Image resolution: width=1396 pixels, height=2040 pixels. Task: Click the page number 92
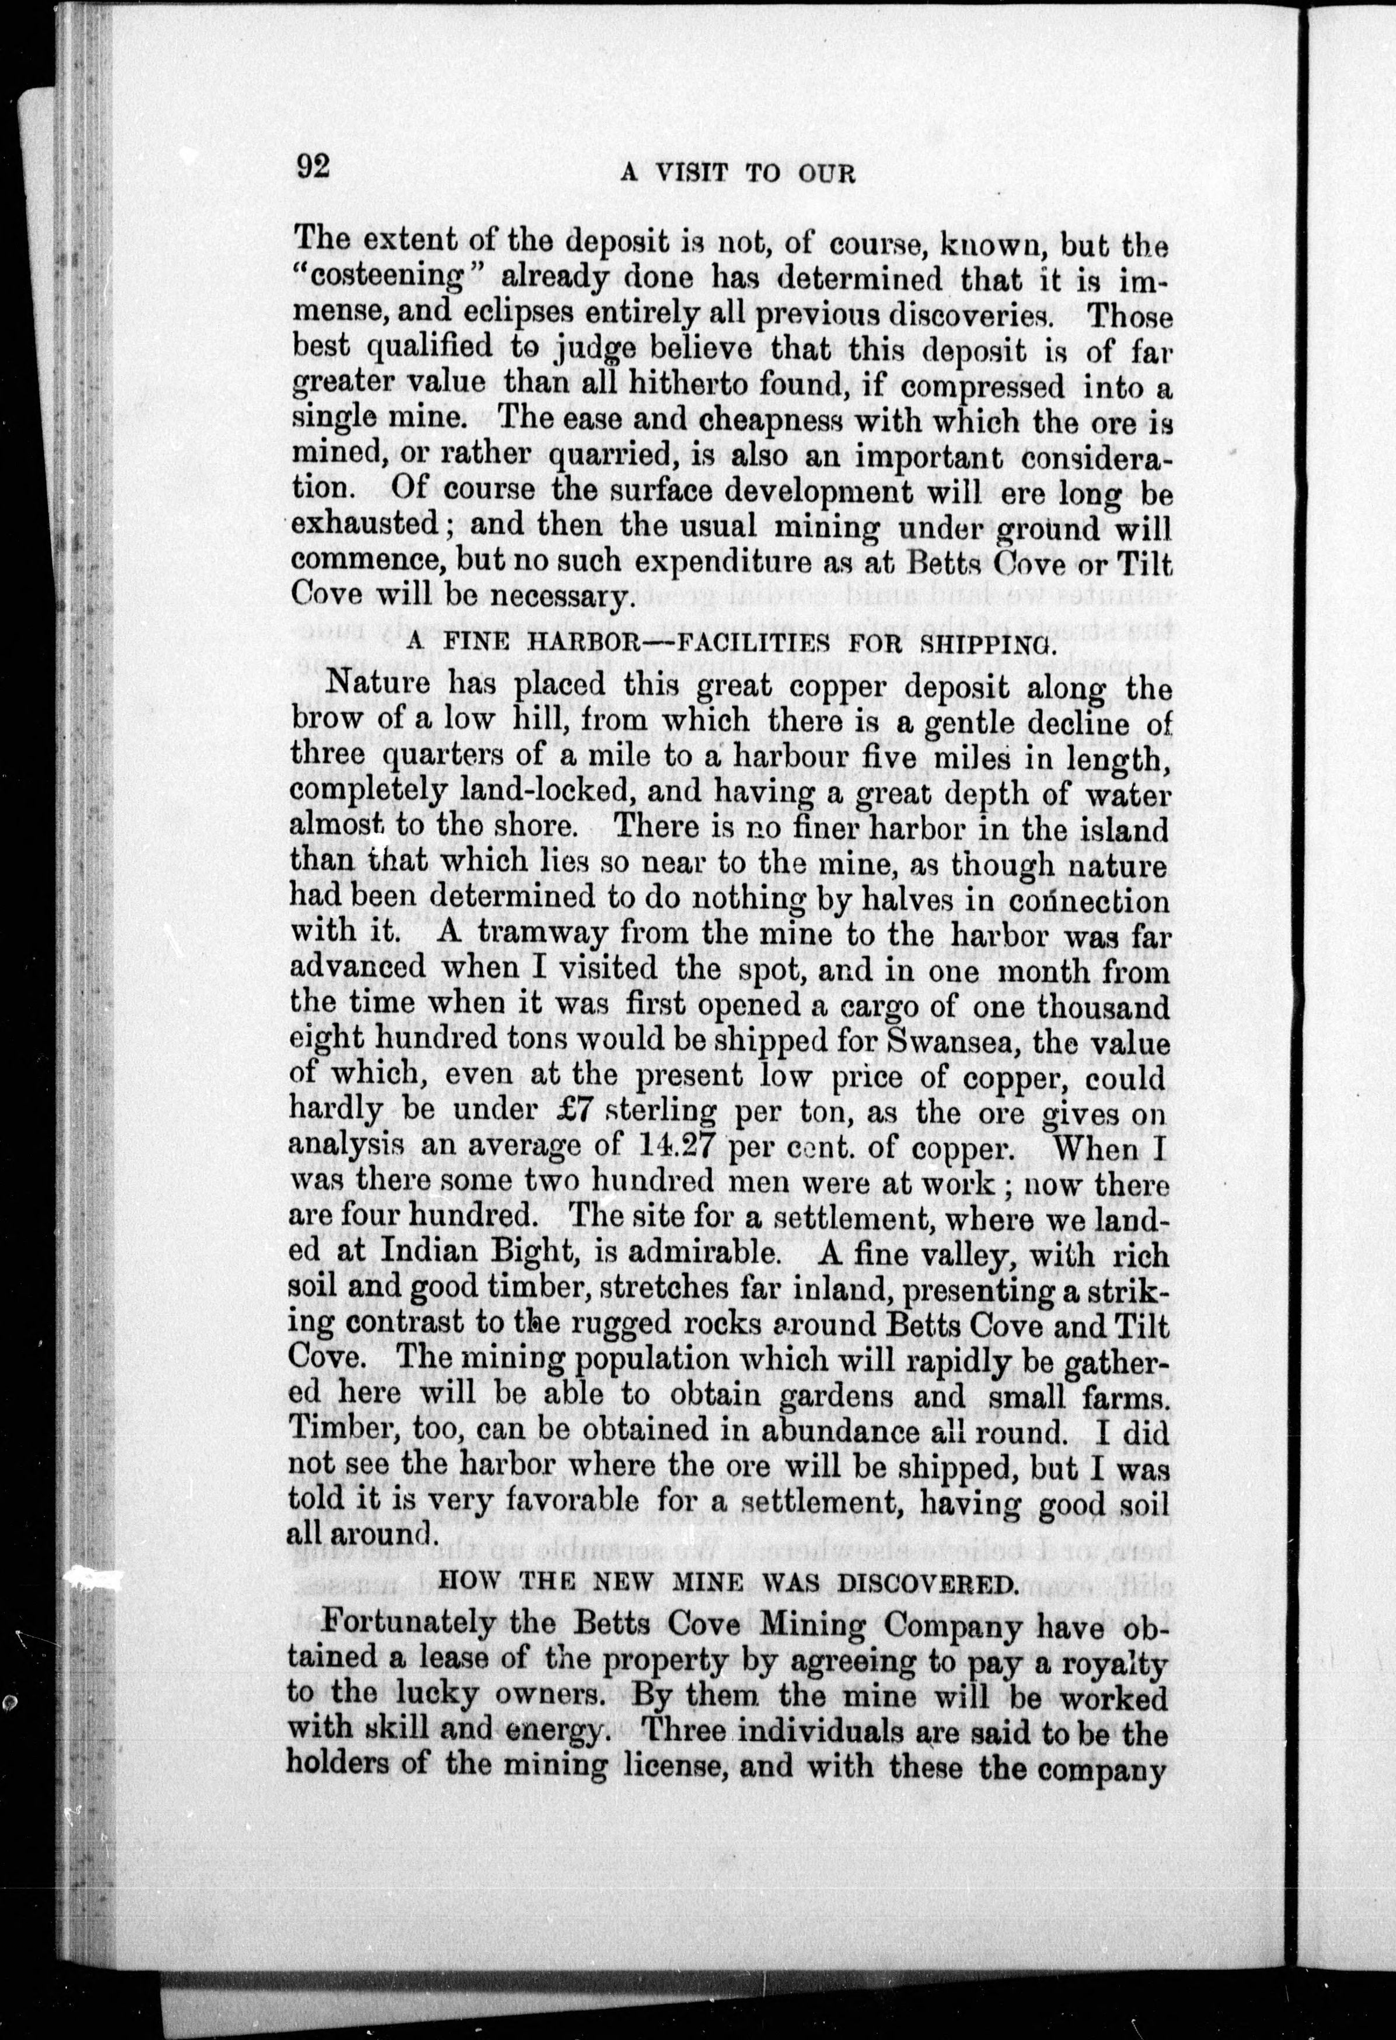coord(313,166)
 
